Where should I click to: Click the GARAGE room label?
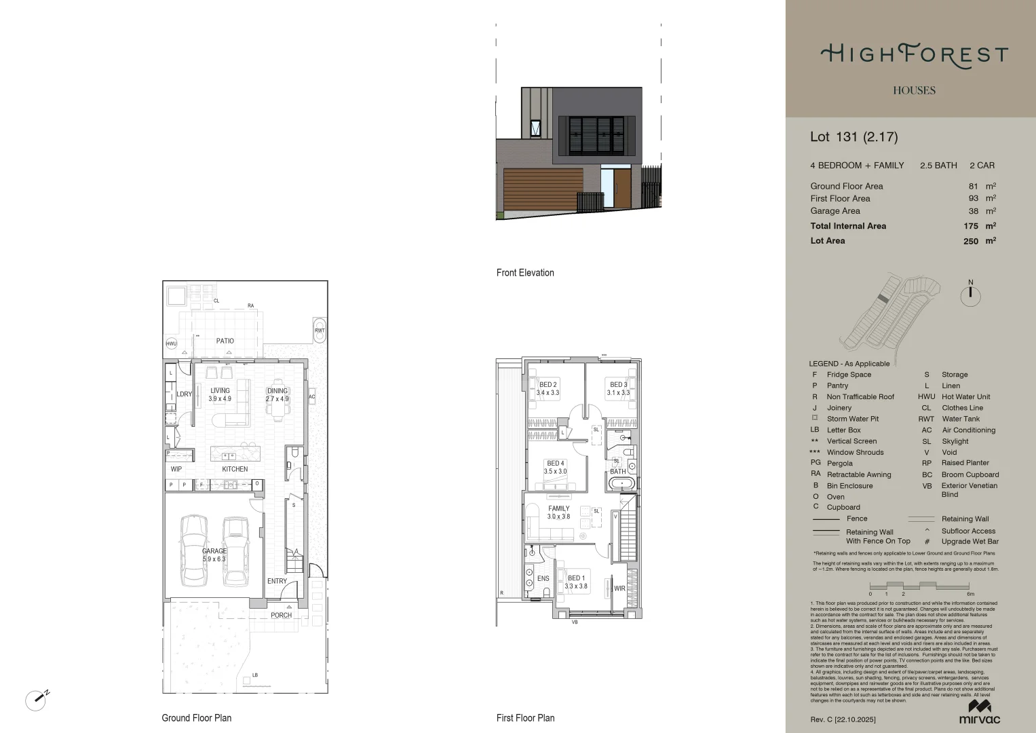click(x=214, y=551)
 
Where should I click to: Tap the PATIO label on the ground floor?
click(x=225, y=341)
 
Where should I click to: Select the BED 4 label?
click(x=556, y=464)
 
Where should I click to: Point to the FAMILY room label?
click(x=559, y=508)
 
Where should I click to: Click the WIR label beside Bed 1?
click(x=619, y=588)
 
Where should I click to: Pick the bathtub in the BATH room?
click(x=621, y=484)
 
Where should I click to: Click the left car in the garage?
click(x=193, y=550)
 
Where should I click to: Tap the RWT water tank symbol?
click(x=320, y=329)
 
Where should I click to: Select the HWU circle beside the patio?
click(x=172, y=343)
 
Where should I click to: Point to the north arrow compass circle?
click(x=971, y=295)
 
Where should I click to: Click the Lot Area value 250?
click(x=970, y=241)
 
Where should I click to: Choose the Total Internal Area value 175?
click(x=970, y=226)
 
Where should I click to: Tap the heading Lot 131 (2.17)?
click(x=853, y=136)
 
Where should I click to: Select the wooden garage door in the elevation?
click(x=543, y=189)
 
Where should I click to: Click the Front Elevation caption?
click(x=525, y=273)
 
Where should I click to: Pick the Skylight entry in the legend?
click(x=955, y=441)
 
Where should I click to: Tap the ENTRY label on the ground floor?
click(x=277, y=581)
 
